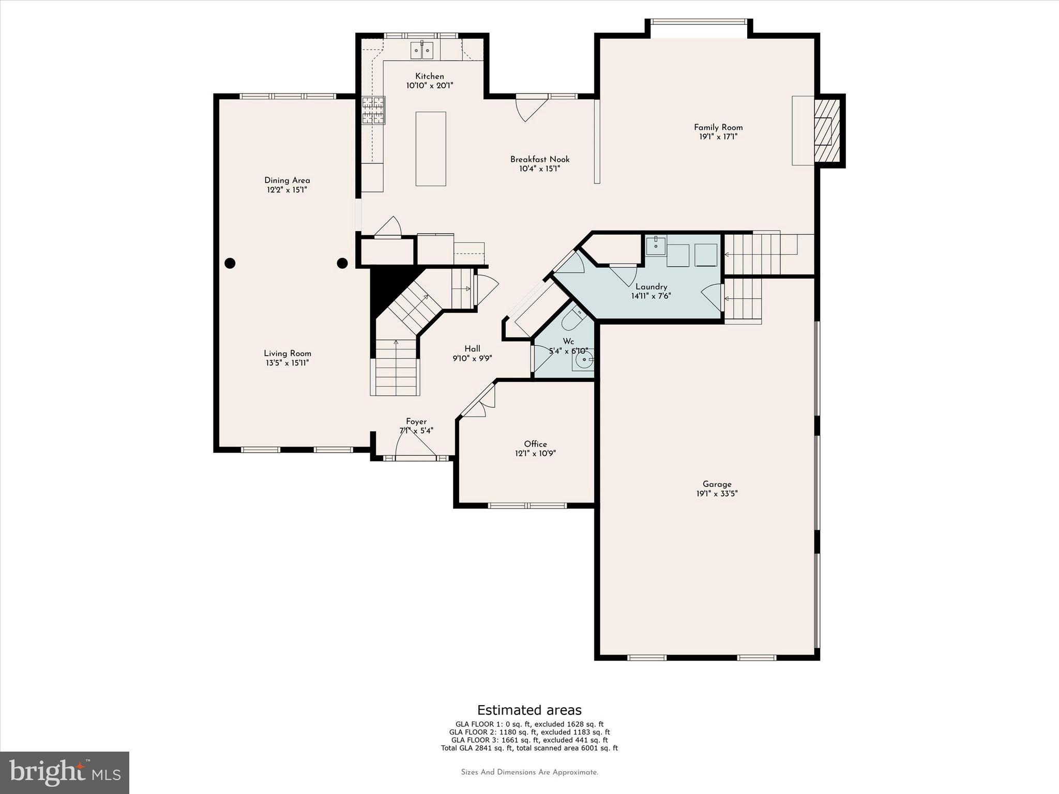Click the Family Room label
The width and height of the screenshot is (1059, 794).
pos(718,127)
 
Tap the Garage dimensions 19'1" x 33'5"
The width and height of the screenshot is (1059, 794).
pos(717,494)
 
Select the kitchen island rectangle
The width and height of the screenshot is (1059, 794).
pos(431,149)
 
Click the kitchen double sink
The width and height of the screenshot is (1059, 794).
pos(422,51)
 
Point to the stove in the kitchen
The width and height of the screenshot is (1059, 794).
pos(373,110)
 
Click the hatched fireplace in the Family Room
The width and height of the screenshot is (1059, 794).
pos(826,131)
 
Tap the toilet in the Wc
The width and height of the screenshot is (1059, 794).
pos(571,317)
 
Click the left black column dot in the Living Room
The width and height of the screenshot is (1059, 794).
pos(230,263)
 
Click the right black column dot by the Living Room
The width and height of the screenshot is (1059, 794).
pos(342,263)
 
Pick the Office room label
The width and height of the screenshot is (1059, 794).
pos(535,444)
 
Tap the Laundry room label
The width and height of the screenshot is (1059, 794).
pos(651,287)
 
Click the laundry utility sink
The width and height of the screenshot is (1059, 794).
pos(656,245)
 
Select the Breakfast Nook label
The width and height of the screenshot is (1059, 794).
pos(540,159)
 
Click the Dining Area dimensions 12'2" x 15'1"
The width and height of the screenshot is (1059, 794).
pos(287,190)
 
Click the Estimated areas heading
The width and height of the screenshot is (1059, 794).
pos(529,710)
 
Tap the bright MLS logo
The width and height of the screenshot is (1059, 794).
pos(65,772)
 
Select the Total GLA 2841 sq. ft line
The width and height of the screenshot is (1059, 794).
pos(529,748)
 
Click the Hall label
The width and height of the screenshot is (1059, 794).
pos(472,349)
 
